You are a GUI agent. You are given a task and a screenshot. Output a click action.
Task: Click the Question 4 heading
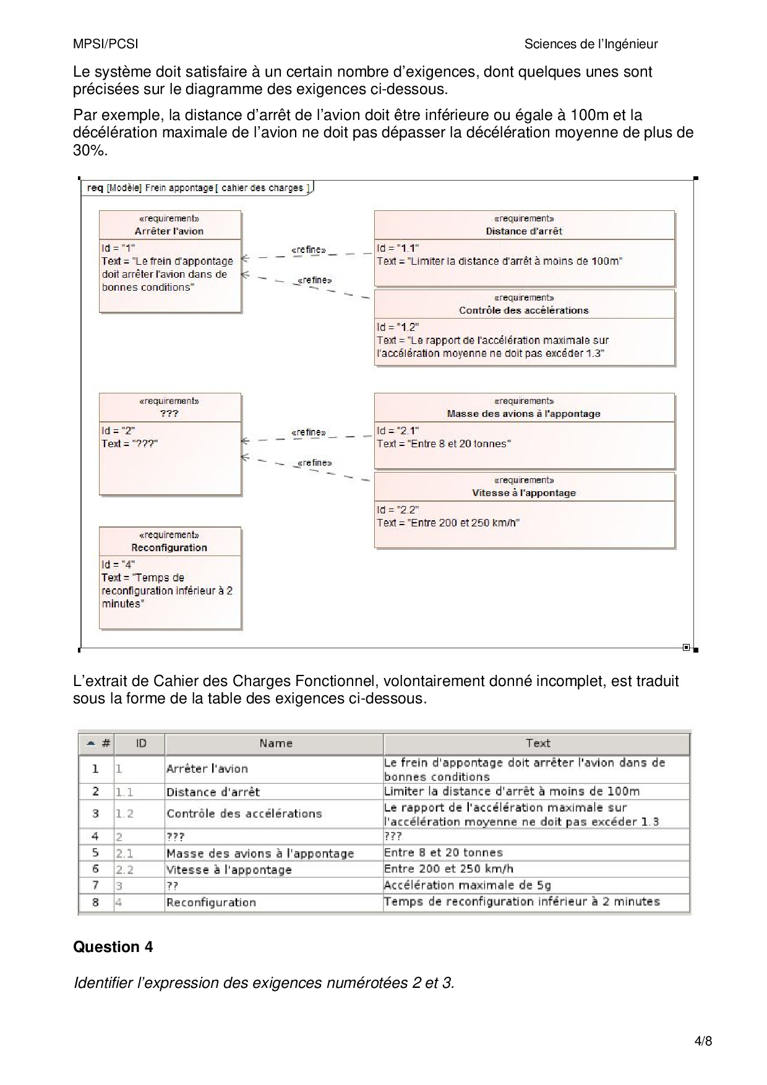click(x=113, y=947)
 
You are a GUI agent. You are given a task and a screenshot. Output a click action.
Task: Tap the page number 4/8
click(x=703, y=1041)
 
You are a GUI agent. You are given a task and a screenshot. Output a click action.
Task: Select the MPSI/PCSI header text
click(x=106, y=44)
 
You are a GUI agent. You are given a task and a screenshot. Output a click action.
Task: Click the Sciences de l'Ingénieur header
click(x=591, y=44)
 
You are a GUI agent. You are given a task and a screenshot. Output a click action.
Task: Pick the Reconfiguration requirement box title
click(x=169, y=547)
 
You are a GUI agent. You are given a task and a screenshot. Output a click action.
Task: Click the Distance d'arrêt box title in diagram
click(x=524, y=231)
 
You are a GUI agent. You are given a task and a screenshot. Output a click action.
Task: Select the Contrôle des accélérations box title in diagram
click(x=524, y=311)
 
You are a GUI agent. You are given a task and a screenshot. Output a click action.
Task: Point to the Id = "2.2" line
click(x=398, y=510)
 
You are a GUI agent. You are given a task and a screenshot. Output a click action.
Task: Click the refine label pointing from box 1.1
click(x=309, y=250)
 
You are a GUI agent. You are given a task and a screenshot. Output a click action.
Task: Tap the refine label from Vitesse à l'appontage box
click(x=315, y=463)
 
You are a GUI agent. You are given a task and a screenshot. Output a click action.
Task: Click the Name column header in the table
click(x=275, y=744)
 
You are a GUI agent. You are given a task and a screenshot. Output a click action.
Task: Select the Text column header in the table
click(x=538, y=744)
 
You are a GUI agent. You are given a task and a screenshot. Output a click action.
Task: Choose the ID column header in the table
click(x=141, y=744)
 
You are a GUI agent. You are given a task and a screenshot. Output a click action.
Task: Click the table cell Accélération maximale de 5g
click(x=467, y=885)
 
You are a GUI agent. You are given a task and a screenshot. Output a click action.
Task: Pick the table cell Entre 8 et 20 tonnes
click(x=443, y=852)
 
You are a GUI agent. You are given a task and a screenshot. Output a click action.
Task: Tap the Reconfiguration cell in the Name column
click(x=211, y=903)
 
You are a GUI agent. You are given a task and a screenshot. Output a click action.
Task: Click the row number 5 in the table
click(x=95, y=852)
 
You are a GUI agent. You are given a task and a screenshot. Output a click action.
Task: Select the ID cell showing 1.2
click(x=125, y=813)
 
